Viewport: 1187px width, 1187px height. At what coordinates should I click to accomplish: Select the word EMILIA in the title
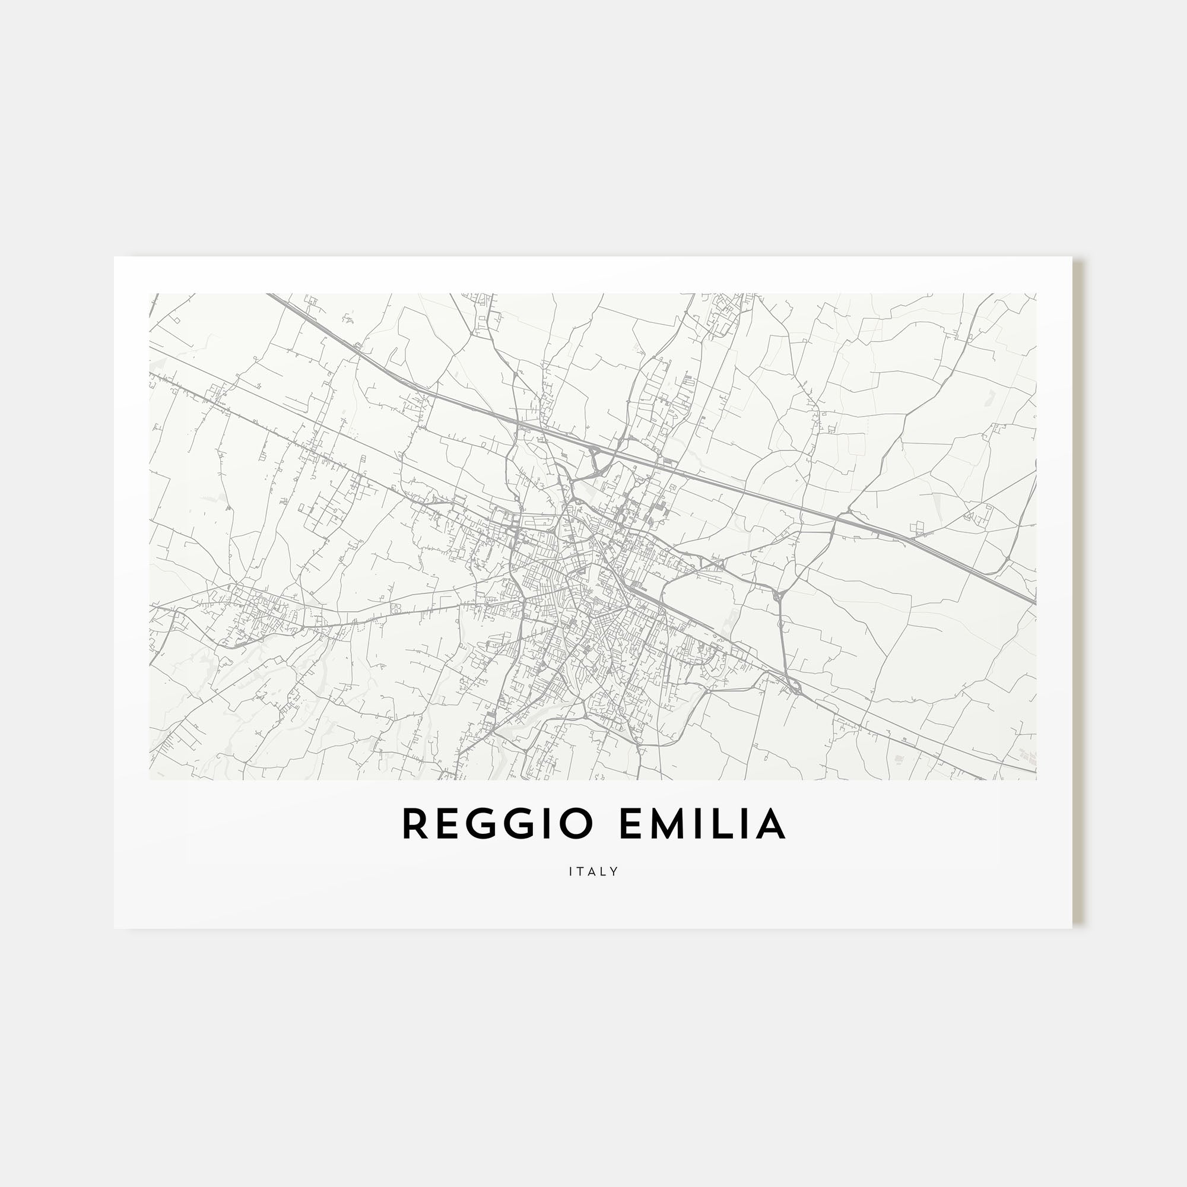point(702,824)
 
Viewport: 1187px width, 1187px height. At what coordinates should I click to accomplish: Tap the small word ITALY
point(593,871)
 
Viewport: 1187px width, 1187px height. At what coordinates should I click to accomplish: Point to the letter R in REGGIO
point(415,824)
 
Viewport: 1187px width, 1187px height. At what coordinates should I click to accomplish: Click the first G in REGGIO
point(478,824)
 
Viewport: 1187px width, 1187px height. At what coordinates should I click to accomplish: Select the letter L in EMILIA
point(721,824)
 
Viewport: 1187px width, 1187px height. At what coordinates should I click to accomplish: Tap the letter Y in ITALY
point(614,871)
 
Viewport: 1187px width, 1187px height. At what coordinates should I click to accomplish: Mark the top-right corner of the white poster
point(1072,257)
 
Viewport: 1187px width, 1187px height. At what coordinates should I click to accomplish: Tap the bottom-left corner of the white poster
point(115,928)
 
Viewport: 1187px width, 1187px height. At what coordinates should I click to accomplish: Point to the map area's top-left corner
point(150,294)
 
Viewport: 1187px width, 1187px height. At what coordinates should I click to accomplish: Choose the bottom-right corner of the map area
point(1036,780)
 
